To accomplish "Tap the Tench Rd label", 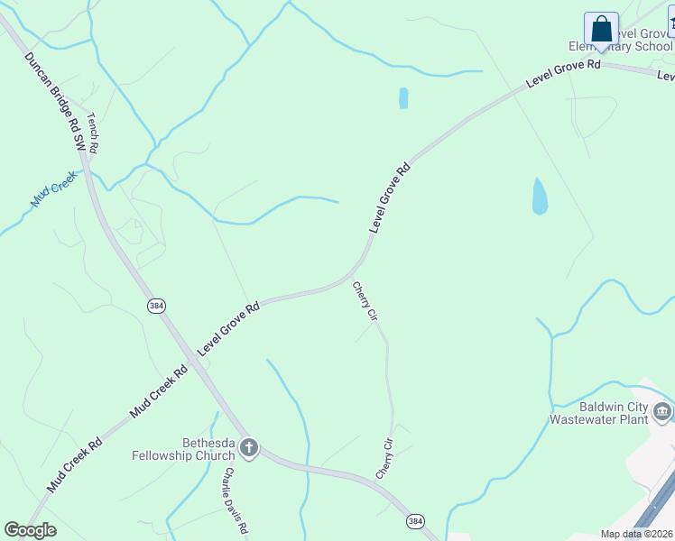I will click(91, 131).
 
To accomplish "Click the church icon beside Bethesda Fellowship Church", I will click(249, 447).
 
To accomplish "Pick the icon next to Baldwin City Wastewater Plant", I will click(662, 412).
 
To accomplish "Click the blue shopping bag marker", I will click(601, 30).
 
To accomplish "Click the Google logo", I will click(30, 529).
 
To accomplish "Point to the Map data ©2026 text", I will click(635, 534).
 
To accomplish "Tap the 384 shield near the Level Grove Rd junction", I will click(157, 307).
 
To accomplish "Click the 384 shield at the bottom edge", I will click(414, 522).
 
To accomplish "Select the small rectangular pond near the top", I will click(403, 97).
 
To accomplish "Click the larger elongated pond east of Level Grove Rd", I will click(540, 196).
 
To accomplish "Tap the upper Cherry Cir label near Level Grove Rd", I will click(365, 302).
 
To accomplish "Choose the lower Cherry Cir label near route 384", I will click(385, 458).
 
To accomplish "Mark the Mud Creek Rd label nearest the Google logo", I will click(75, 463).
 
